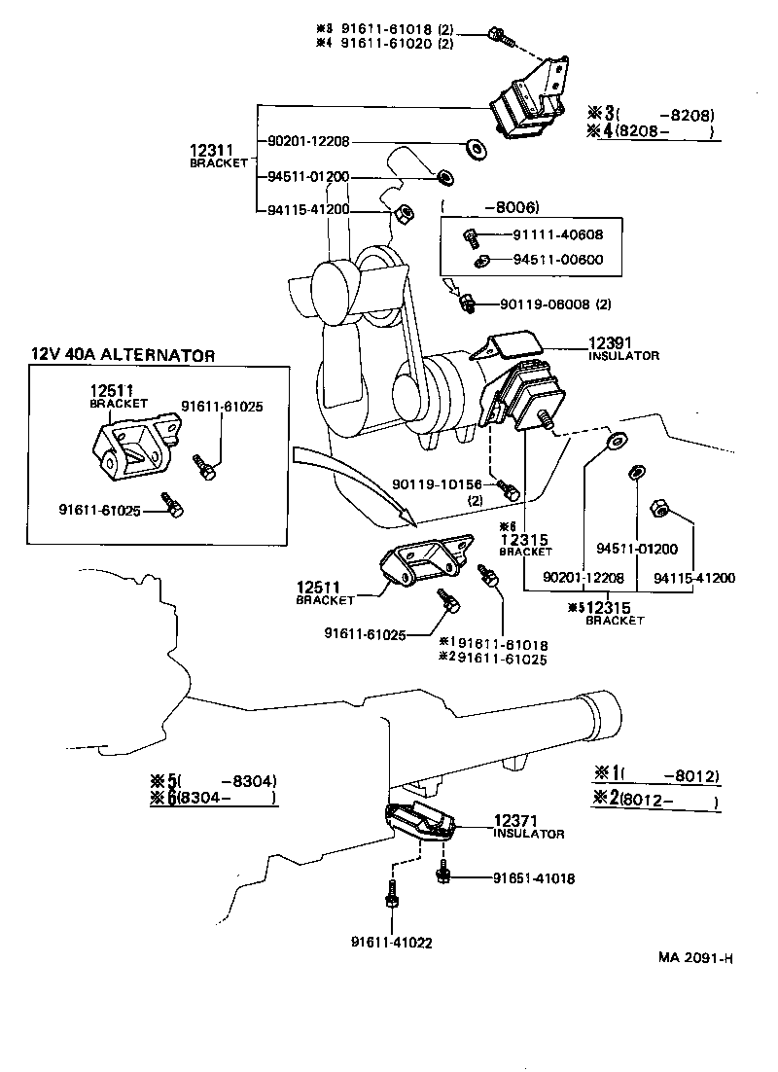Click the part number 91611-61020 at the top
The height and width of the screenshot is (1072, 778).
pyautogui.click(x=397, y=44)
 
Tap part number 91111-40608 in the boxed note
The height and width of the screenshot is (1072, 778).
pyautogui.click(x=557, y=234)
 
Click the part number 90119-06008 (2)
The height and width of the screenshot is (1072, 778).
pyautogui.click(x=556, y=304)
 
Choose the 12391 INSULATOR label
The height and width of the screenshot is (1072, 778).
pyautogui.click(x=622, y=349)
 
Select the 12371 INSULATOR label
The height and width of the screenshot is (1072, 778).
pyautogui.click(x=528, y=827)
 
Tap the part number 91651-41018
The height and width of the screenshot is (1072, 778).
pyautogui.click(x=534, y=877)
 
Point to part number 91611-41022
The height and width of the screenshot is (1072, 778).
pyautogui.click(x=392, y=941)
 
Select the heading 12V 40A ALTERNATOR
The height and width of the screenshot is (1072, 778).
pyautogui.click(x=123, y=355)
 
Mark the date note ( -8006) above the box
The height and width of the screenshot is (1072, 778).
pyautogui.click(x=489, y=206)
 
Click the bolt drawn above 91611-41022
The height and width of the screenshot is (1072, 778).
pyautogui.click(x=391, y=894)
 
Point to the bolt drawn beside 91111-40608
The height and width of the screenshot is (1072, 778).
pyautogui.click(x=470, y=234)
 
